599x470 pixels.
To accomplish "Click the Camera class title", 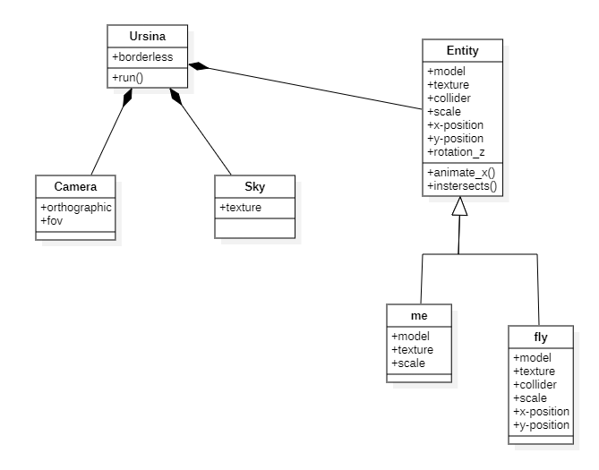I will pyautogui.click(x=75, y=187).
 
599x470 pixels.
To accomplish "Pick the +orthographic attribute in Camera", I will pyautogui.click(x=75, y=206).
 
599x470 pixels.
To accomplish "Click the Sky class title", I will pyautogui.click(x=254, y=187).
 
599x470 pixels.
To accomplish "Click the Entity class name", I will pyautogui.click(x=463, y=50).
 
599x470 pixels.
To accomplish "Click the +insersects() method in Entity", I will pyautogui.click(x=462, y=186).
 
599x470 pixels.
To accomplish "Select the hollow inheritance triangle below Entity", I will pyautogui.click(x=458, y=208).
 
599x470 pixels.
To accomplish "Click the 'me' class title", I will pyautogui.click(x=419, y=316).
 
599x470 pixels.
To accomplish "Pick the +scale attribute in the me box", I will pyautogui.click(x=409, y=363).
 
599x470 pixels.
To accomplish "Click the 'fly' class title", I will pyautogui.click(x=540, y=338).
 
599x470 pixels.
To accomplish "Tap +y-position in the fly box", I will pyautogui.click(x=541, y=424).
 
